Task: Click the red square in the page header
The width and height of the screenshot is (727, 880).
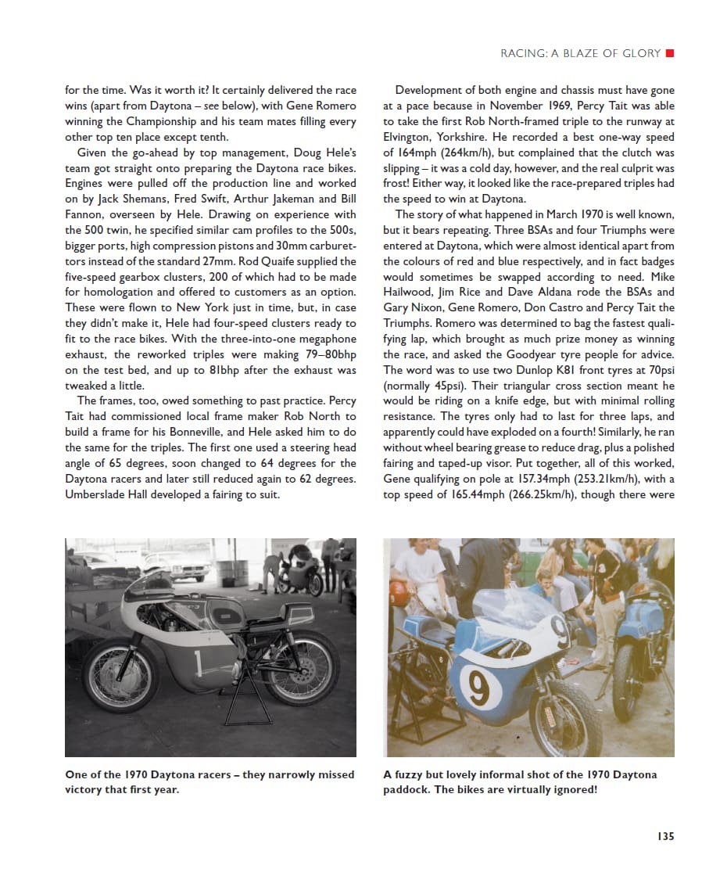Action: tap(669, 53)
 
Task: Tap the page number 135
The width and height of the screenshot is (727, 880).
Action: tap(664, 835)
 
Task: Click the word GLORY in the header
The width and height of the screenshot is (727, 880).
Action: tap(639, 53)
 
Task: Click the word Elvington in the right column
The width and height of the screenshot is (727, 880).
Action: tap(410, 137)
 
